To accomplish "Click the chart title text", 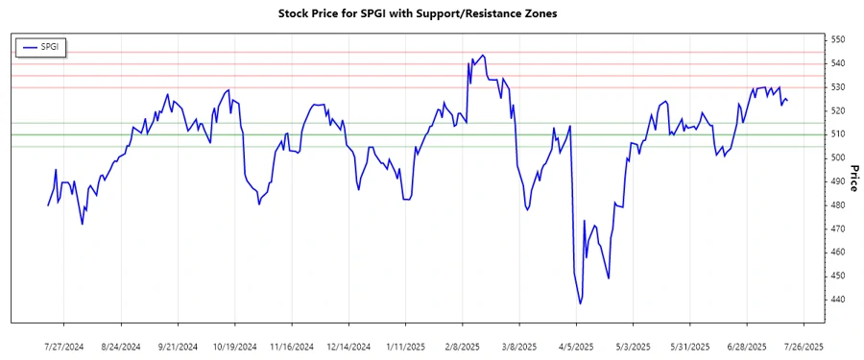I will [431, 14].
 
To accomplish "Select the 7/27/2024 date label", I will [64, 346].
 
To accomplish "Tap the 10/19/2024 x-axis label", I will [234, 346].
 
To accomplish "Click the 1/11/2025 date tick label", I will [404, 346].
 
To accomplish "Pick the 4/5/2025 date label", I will [576, 346].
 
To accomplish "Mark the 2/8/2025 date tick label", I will [463, 346].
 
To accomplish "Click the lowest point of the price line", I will [581, 304].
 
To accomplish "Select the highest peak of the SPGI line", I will [482, 56].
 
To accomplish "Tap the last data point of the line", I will [788, 101].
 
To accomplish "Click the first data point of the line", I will [48, 205].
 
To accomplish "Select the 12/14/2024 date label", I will [348, 346].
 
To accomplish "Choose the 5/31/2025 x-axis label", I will [689, 346].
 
